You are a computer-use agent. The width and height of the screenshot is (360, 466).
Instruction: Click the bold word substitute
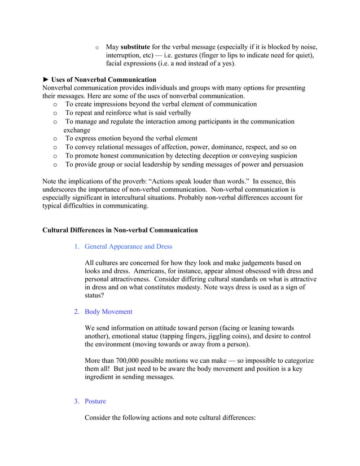(135, 46)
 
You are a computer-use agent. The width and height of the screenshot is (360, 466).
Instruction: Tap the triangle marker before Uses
(46, 80)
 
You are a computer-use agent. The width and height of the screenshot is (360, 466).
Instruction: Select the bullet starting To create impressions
(161, 104)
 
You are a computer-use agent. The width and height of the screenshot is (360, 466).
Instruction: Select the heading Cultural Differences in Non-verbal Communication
(120, 230)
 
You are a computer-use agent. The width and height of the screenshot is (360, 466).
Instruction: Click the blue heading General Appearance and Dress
(128, 247)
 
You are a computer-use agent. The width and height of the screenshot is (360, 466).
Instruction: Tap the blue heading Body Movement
(108, 311)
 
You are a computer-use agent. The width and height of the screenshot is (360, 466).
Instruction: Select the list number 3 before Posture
(77, 401)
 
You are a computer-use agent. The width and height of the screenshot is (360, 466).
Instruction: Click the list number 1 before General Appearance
(77, 247)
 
